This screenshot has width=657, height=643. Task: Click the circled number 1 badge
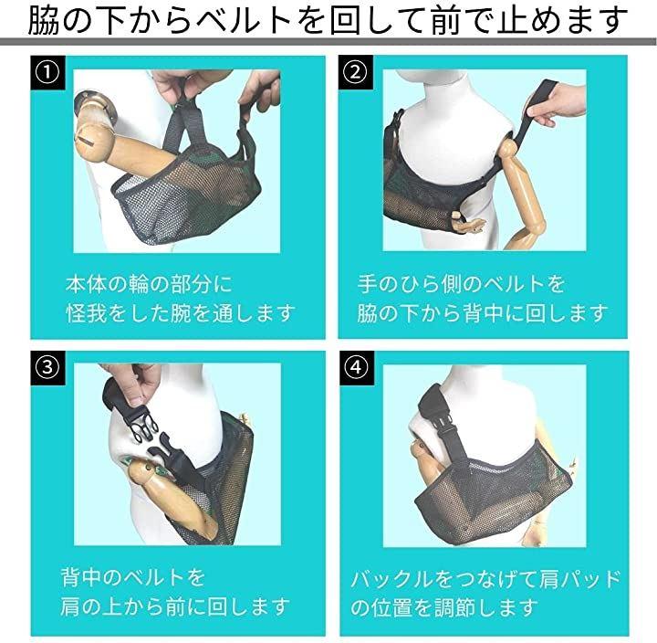[47, 72]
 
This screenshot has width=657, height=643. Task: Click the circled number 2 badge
[355, 72]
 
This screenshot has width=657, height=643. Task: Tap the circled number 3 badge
[47, 367]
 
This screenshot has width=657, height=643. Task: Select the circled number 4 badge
[356, 367]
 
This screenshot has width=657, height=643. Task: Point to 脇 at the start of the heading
[43, 19]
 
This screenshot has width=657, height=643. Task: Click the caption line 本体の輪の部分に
[149, 284]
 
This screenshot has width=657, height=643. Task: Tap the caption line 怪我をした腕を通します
[181, 313]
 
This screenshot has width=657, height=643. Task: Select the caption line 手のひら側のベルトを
[462, 284]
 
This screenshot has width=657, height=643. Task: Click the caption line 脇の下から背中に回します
[483, 313]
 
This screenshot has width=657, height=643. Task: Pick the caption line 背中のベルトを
[133, 577]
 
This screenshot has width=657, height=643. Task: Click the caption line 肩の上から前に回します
[174, 606]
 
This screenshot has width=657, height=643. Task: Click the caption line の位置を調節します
[444, 607]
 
